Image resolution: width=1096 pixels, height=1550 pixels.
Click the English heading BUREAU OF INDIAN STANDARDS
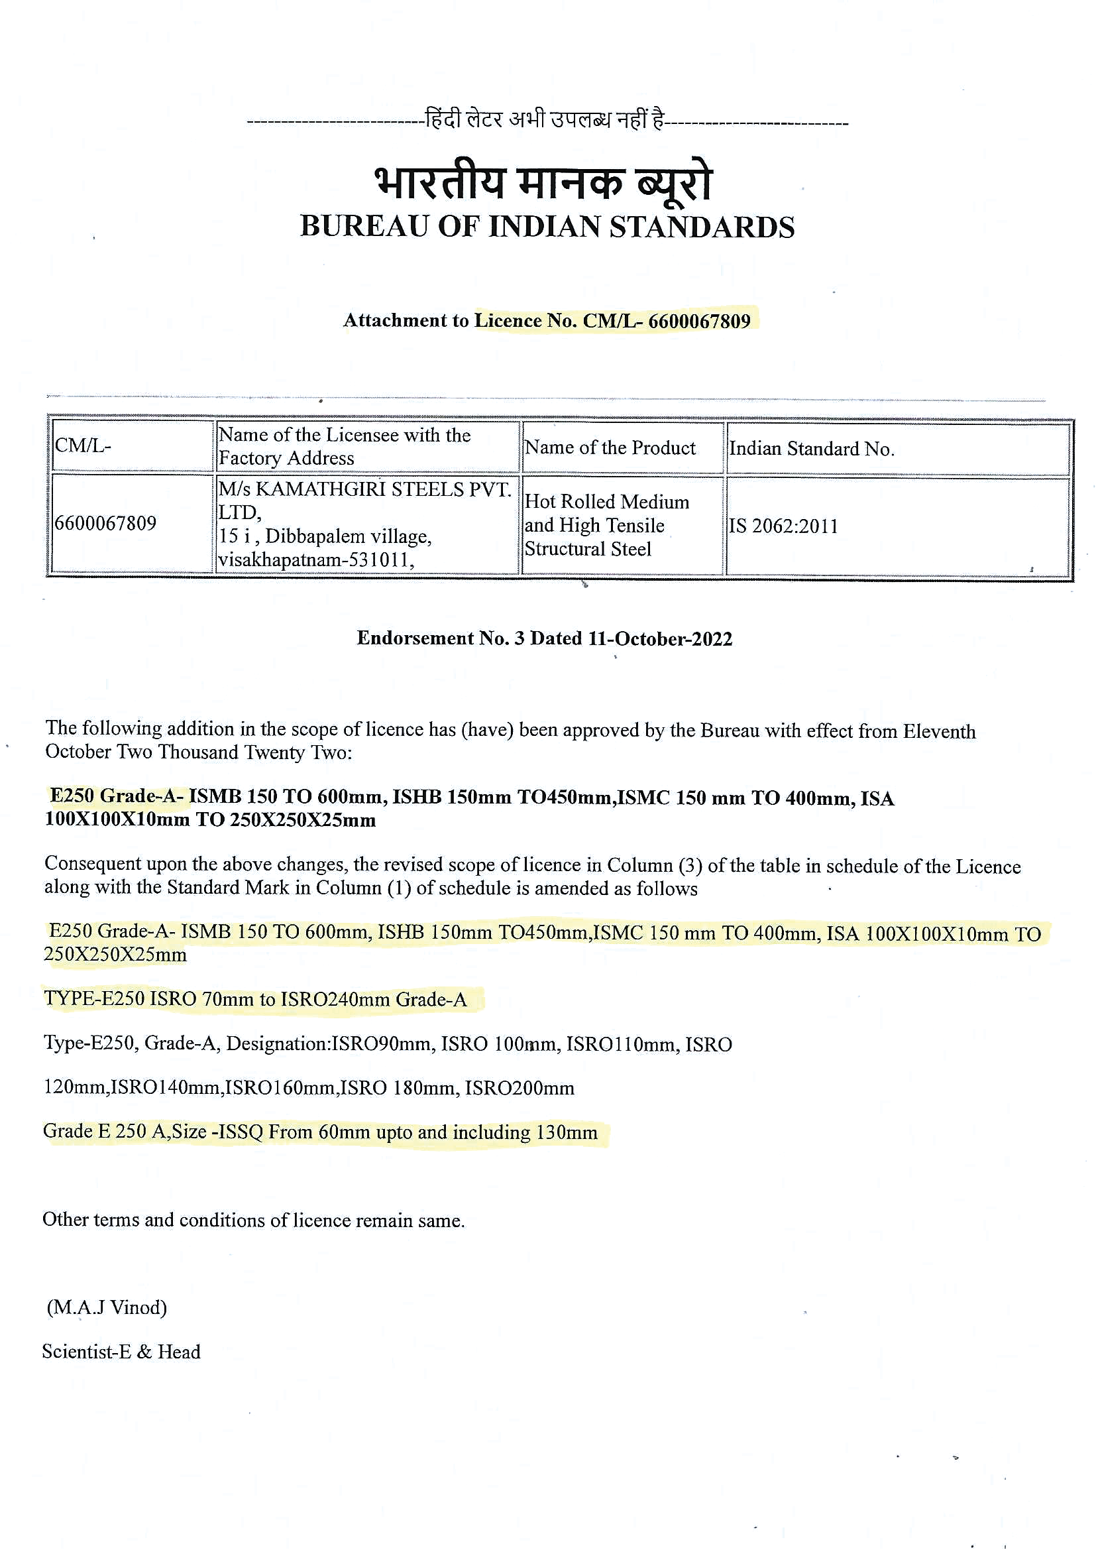click(547, 227)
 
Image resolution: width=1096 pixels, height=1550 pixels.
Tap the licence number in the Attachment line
click(699, 321)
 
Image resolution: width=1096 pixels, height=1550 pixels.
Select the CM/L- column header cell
click(132, 446)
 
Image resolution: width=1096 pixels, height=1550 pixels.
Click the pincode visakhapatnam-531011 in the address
click(316, 560)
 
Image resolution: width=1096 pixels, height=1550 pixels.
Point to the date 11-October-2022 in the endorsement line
click(660, 638)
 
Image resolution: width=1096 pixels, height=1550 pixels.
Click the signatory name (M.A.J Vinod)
click(107, 1307)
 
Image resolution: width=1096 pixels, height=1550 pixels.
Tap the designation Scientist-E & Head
click(121, 1352)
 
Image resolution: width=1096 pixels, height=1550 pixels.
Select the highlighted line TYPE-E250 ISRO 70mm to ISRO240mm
click(255, 999)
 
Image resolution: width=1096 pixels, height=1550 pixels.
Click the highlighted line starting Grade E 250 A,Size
click(320, 1132)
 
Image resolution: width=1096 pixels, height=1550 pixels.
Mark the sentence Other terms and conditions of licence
click(253, 1220)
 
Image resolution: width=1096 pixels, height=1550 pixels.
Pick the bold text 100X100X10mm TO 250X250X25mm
click(210, 820)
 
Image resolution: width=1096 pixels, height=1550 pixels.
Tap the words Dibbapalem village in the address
click(348, 536)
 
